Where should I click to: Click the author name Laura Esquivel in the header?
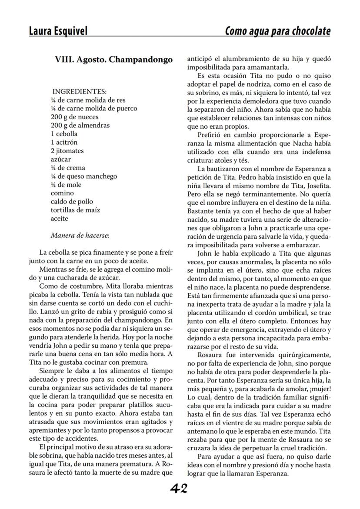(58, 31)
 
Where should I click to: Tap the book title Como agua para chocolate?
(277, 31)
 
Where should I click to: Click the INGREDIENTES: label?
(80, 92)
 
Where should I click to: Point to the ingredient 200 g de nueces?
(74, 117)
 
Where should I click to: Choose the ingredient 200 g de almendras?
(80, 126)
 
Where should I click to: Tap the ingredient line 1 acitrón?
(65, 143)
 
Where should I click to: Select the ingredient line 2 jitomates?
(67, 151)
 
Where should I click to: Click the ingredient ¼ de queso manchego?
(84, 176)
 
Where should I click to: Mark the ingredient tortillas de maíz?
(75, 210)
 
